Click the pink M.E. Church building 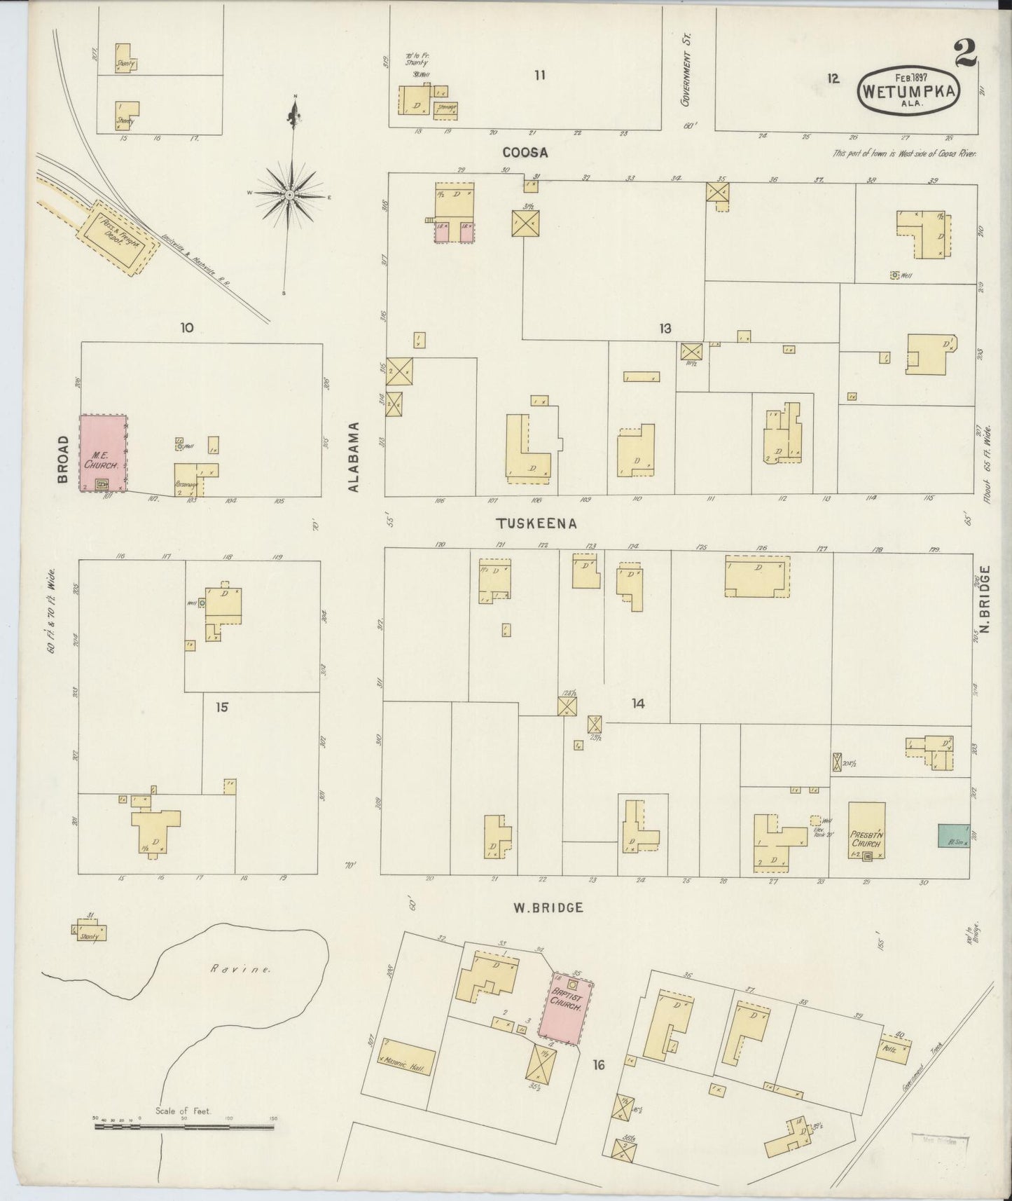(x=103, y=452)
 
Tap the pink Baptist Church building (x=566, y=1008)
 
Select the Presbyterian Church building (x=866, y=830)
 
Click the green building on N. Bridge (x=953, y=835)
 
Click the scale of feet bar (x=186, y=1127)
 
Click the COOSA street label (x=525, y=152)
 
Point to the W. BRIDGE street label (x=548, y=907)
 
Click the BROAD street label (x=63, y=460)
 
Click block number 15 (x=221, y=707)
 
